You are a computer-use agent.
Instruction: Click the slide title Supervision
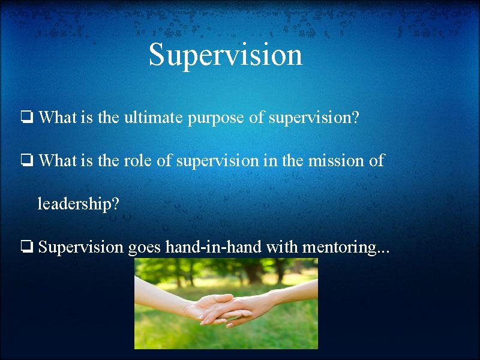[x=226, y=55]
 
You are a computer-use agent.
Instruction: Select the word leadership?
[x=78, y=204]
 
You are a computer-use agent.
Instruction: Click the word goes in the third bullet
[x=145, y=247]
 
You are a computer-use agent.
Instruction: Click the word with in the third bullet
[x=282, y=247]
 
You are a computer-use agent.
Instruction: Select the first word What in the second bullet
[x=57, y=161]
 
